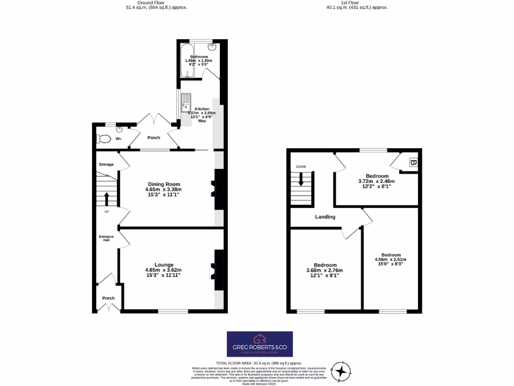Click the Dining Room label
pyautogui.click(x=164, y=184)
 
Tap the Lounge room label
pyautogui.click(x=164, y=265)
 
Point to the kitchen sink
pyautogui.click(x=186, y=103)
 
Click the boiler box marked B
pyautogui.click(x=413, y=163)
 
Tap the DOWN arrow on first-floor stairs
pyautogui.click(x=301, y=179)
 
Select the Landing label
pyautogui.click(x=325, y=217)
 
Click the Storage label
pyautogui.click(x=106, y=164)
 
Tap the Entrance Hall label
pyautogui.click(x=106, y=238)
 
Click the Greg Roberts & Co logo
pyautogui.click(x=260, y=344)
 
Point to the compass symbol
pyautogui.click(x=342, y=371)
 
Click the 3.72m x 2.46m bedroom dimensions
pyautogui.click(x=376, y=181)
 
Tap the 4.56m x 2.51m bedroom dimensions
pyautogui.click(x=391, y=260)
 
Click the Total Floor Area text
pyautogui.click(x=259, y=363)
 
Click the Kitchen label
pyautogui.click(x=202, y=109)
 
